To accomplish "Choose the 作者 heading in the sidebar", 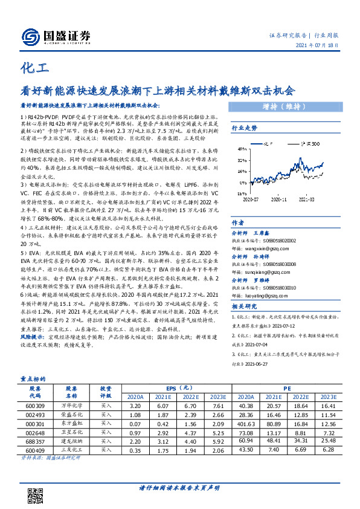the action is [238, 222].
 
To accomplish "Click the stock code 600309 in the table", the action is [35, 407].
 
